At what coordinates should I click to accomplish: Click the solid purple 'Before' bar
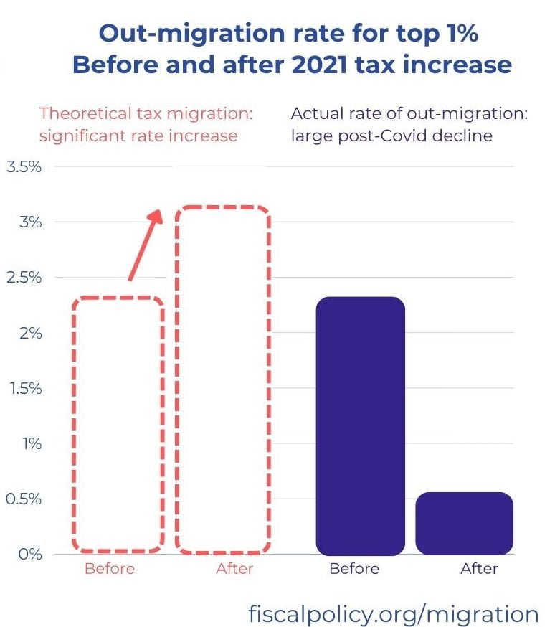361,425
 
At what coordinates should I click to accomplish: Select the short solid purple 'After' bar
464,524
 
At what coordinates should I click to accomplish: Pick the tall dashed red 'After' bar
223,380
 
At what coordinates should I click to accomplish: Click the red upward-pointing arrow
146,244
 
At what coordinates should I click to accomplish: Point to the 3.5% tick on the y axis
24,166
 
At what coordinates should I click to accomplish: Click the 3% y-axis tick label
30,222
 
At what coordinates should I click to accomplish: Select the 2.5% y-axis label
24,277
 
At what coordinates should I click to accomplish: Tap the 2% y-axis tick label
30,333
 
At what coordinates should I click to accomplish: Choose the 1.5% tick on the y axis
24,388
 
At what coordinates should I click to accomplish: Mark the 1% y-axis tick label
31,443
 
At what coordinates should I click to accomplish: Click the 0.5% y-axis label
24,499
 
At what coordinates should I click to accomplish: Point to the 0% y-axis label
30,554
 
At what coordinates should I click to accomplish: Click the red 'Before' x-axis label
110,569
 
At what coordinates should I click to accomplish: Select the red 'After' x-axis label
234,569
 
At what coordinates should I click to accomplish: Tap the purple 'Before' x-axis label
354,569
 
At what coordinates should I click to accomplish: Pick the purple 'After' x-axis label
479,569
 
